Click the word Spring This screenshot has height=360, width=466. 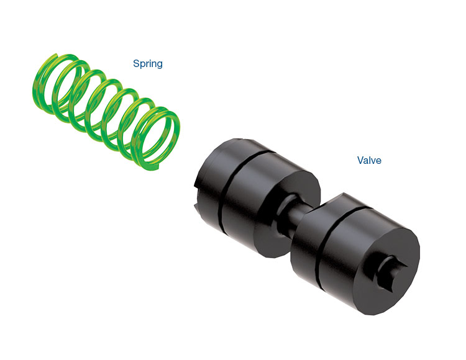tap(148, 64)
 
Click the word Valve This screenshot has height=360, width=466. tap(369, 160)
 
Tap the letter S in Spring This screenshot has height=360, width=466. tap(136, 63)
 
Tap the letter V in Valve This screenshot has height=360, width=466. tap(360, 160)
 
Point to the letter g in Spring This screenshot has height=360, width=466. tap(159, 65)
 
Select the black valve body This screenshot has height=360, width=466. tap(307, 225)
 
